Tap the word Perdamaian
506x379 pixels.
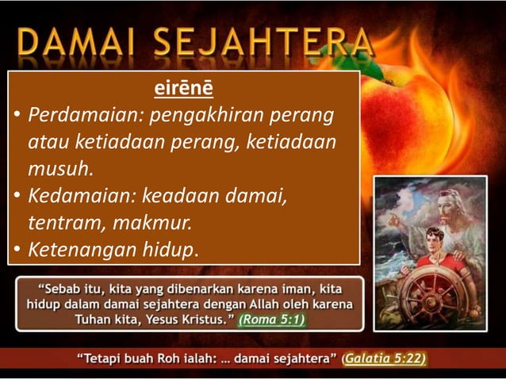tap(76, 117)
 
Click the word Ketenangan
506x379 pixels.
tap(77, 250)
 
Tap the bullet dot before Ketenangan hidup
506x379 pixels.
tap(16, 251)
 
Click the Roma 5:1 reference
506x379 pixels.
tap(272, 320)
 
